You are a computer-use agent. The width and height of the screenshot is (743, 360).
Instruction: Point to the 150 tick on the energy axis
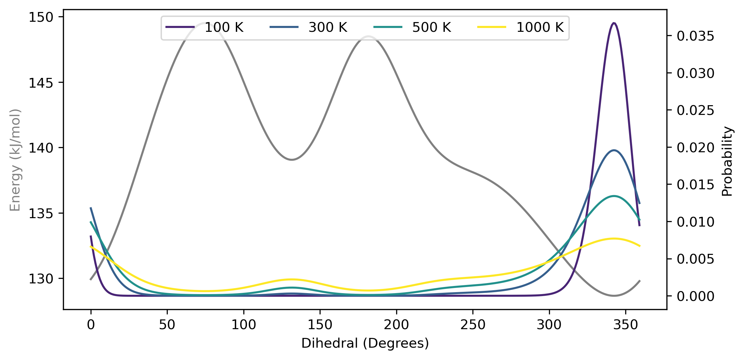tap(41, 17)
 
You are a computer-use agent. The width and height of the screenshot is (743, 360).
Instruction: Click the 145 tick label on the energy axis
tap(41, 83)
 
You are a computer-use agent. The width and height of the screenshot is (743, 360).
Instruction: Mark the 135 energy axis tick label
tap(41, 214)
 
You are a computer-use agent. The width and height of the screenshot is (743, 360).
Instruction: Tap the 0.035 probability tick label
tap(695, 36)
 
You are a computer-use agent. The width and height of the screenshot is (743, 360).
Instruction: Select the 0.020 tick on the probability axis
tap(695, 148)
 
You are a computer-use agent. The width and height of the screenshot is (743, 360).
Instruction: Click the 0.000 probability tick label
tap(695, 296)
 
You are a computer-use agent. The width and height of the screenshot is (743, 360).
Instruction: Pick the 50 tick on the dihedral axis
tap(167, 325)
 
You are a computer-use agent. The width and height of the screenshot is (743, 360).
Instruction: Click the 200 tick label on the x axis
tap(396, 325)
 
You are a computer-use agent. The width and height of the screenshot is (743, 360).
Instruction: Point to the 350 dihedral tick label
tap(626, 325)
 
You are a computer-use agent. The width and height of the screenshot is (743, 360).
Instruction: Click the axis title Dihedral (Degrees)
tap(365, 343)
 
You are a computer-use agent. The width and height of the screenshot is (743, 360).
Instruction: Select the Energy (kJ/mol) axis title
tap(15, 160)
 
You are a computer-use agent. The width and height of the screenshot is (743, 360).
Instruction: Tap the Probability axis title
tap(727, 161)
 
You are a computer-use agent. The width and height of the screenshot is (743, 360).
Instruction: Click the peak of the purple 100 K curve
tap(614, 23)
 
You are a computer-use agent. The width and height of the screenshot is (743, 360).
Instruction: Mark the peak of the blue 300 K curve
tap(614, 150)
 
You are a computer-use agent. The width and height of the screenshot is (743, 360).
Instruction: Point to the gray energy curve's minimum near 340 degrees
tap(614, 296)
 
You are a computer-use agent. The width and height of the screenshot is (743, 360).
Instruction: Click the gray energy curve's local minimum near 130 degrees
tap(292, 160)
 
